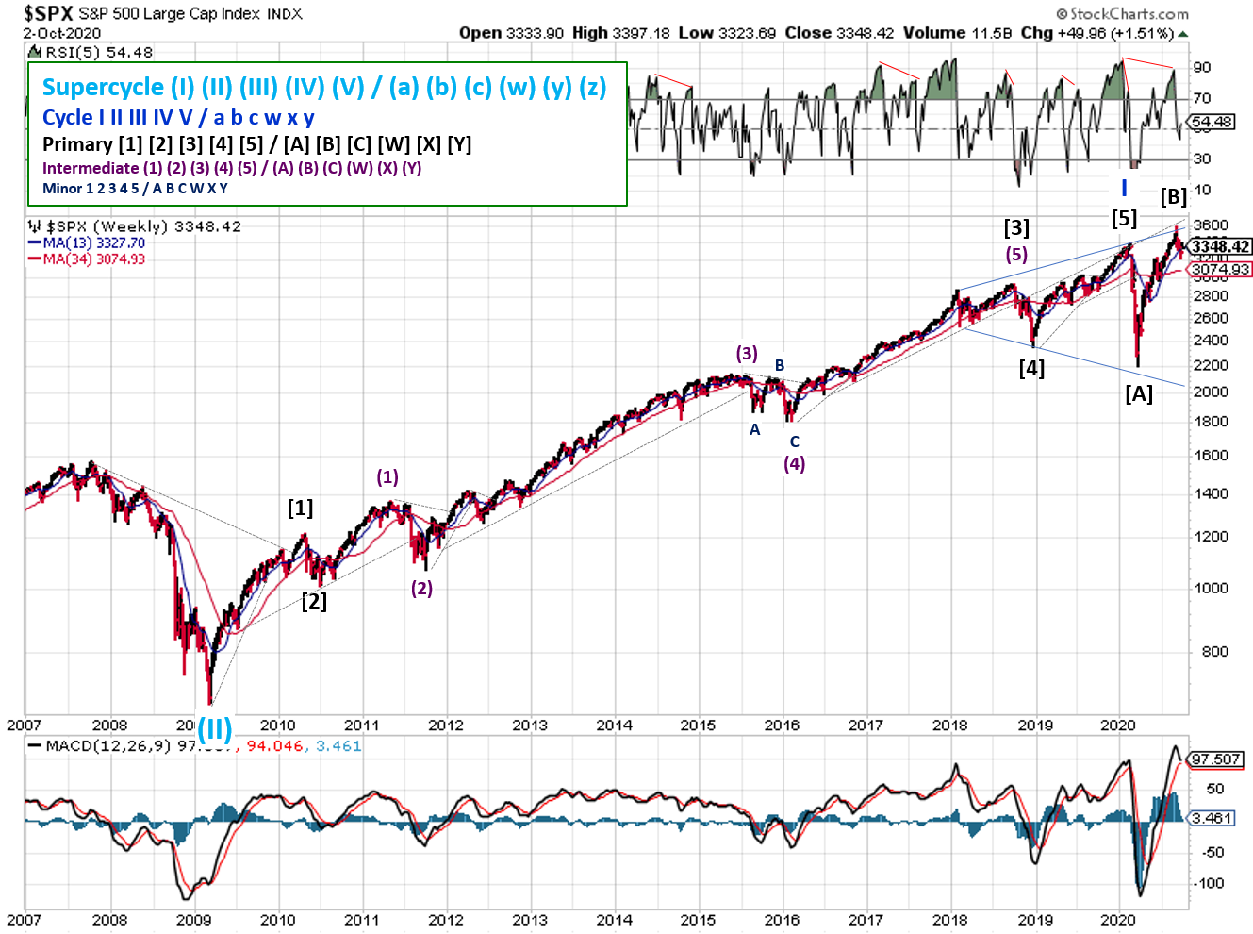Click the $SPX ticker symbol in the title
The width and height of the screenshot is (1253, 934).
click(48, 13)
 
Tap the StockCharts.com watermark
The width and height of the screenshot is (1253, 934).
click(1123, 13)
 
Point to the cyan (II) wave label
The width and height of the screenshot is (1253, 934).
click(214, 728)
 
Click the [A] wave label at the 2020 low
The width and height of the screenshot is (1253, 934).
click(1139, 393)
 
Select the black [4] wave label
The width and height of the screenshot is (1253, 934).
click(1031, 368)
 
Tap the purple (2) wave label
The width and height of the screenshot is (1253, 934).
click(421, 588)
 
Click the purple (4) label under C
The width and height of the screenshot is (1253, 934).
click(795, 463)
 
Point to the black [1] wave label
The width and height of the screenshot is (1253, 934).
click(300, 508)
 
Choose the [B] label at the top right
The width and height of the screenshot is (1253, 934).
click(1174, 196)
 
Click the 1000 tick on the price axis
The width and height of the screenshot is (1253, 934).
click(1211, 588)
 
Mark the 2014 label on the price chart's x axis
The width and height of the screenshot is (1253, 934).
click(614, 725)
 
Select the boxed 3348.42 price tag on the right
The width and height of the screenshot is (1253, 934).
click(1221, 246)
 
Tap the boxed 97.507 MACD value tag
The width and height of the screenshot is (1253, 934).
click(1215, 759)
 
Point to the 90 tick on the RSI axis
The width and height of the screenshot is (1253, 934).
click(1202, 67)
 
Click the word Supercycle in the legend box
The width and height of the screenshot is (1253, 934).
click(103, 88)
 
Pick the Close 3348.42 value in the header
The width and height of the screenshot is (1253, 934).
click(839, 33)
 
